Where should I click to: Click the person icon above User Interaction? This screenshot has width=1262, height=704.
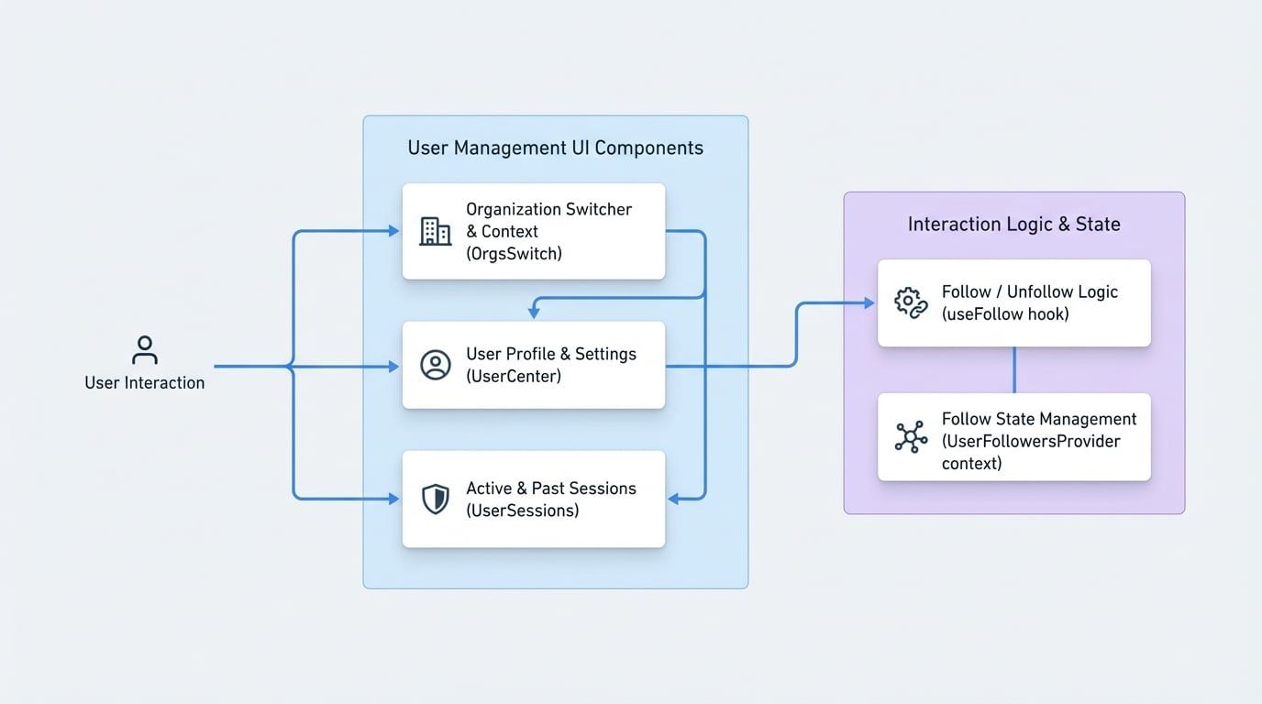pyautogui.click(x=144, y=350)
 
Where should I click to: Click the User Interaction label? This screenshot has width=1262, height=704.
pyautogui.click(x=144, y=383)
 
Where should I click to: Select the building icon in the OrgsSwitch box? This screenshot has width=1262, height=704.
pyautogui.click(x=435, y=231)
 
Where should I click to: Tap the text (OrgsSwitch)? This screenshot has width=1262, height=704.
pyautogui.click(x=514, y=254)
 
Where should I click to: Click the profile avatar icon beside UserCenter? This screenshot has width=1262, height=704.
pyautogui.click(x=435, y=365)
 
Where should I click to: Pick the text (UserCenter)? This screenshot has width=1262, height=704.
pyautogui.click(x=514, y=376)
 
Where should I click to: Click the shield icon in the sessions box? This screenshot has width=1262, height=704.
pyautogui.click(x=435, y=500)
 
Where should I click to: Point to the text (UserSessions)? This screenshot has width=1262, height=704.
pyautogui.click(x=522, y=511)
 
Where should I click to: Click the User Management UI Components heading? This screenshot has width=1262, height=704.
pyautogui.click(x=555, y=148)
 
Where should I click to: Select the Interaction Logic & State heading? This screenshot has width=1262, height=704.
pyautogui.click(x=1013, y=225)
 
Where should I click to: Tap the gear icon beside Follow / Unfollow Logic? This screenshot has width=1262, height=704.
pyautogui.click(x=910, y=303)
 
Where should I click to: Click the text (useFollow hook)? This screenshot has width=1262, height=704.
pyautogui.click(x=1005, y=314)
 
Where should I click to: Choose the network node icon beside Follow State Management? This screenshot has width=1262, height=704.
pyautogui.click(x=910, y=437)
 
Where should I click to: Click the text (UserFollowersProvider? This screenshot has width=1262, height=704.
pyautogui.click(x=1031, y=441)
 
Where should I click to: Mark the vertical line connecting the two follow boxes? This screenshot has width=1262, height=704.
pyautogui.click(x=1013, y=369)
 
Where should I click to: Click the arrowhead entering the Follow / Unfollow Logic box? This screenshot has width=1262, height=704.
pyautogui.click(x=869, y=303)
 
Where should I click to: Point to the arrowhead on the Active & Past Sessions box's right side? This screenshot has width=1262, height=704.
pyautogui.click(x=673, y=500)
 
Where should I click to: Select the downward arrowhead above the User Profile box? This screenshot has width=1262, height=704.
pyautogui.click(x=534, y=313)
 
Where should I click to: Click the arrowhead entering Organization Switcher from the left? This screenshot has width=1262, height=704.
pyautogui.click(x=394, y=231)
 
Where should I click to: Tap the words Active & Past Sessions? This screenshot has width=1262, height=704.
pyautogui.click(x=550, y=489)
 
